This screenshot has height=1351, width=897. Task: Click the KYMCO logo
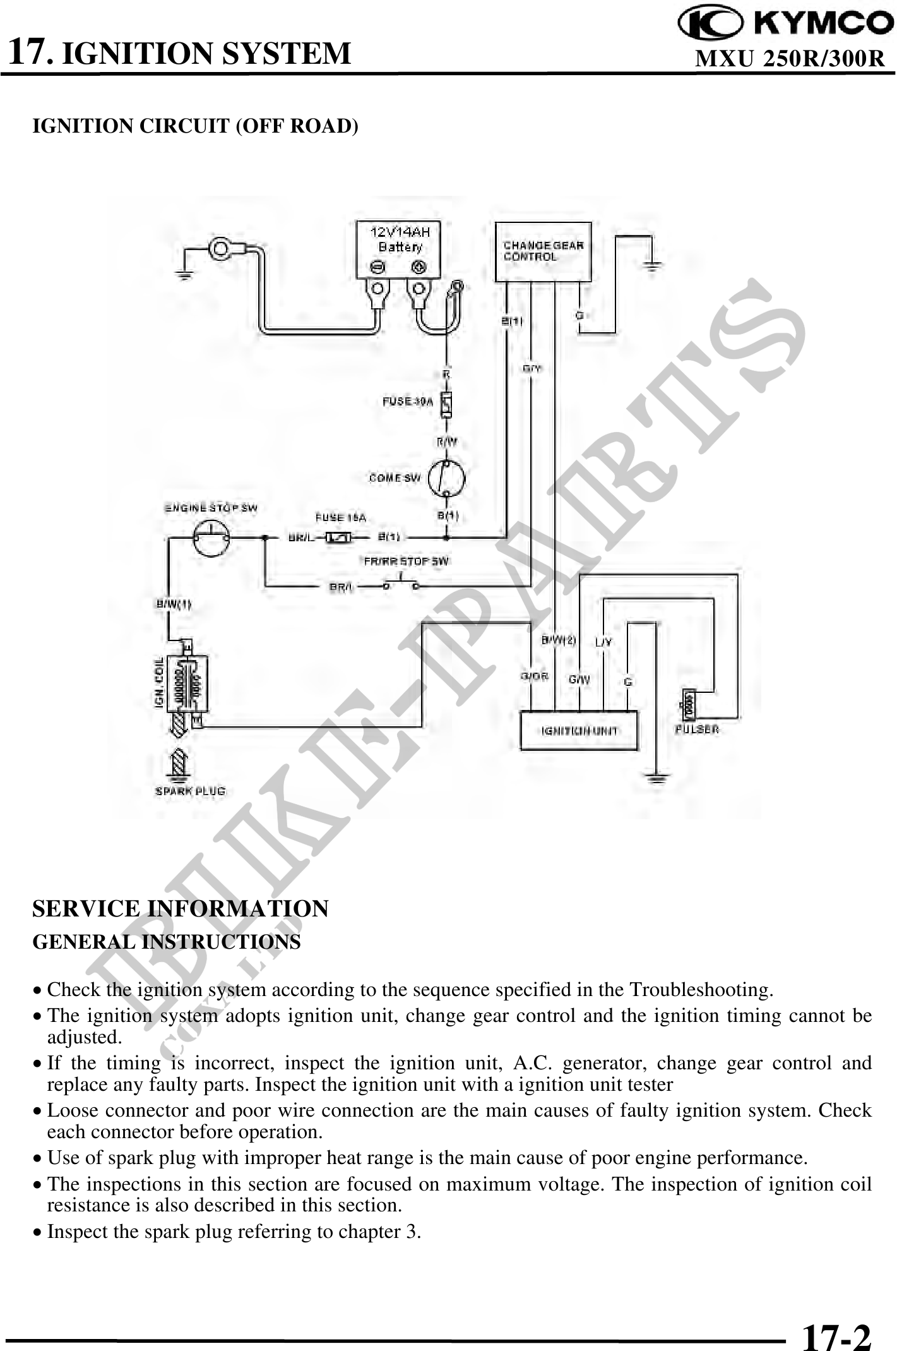(785, 23)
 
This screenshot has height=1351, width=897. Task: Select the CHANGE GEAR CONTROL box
(543, 251)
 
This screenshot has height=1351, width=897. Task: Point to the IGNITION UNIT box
(579, 731)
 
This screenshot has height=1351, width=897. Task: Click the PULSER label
(697, 730)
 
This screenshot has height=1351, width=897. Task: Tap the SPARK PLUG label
(190, 791)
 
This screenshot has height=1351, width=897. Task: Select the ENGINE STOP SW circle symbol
(211, 538)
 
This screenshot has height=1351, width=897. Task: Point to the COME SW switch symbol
(446, 478)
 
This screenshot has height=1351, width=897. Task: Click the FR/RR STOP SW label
(407, 561)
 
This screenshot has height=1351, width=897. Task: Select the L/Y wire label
(604, 642)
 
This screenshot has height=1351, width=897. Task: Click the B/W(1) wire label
(174, 604)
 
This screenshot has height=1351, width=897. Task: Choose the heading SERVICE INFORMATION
(181, 908)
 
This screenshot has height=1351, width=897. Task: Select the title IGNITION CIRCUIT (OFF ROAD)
(195, 126)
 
